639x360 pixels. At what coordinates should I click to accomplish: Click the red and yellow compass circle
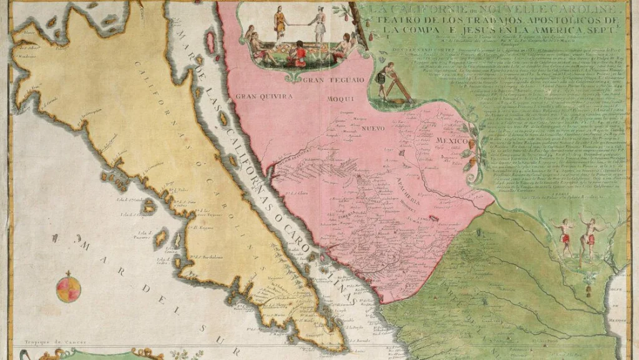click(68, 288)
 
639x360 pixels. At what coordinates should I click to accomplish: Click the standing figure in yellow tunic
click(280, 22)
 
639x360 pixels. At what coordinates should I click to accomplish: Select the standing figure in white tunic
click(319, 26)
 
